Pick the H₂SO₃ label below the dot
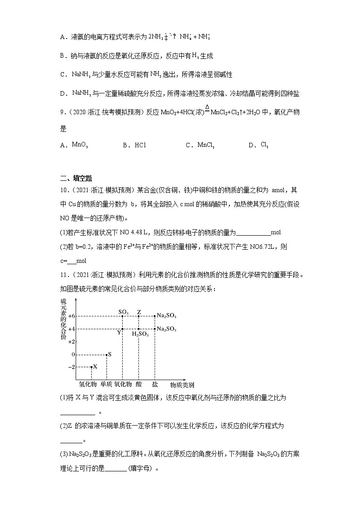coord(139,334)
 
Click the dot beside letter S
coord(107,354)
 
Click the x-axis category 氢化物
coord(88,384)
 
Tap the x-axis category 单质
coord(106,384)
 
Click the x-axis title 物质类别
coord(182,385)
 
